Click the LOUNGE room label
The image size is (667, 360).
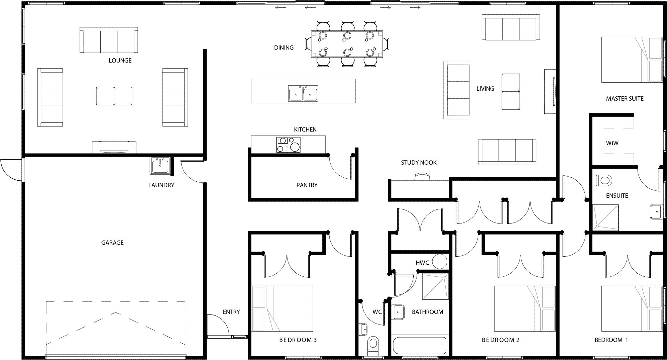[x=120, y=61]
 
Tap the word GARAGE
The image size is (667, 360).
[x=112, y=243]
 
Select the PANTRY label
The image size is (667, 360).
[x=307, y=185]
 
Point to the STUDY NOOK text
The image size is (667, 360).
[x=419, y=163]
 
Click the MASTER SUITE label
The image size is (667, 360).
[x=625, y=99]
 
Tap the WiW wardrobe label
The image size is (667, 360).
[x=613, y=143]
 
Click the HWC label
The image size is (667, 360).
[x=422, y=263]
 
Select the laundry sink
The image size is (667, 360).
[x=160, y=166]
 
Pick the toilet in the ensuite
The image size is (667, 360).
[x=602, y=181]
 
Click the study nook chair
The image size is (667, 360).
[x=423, y=177]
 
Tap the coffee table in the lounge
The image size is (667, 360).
[x=114, y=96]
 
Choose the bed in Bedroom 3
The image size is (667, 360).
[x=283, y=308]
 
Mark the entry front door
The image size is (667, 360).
[x=218, y=326]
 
